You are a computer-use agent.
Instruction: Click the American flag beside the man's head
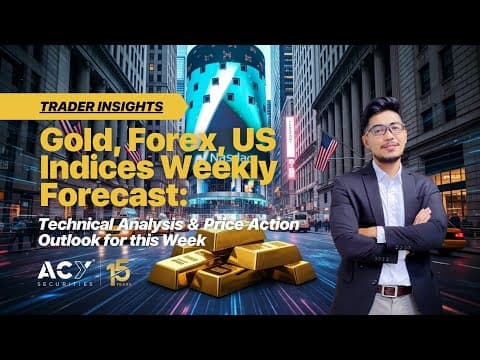point(325,150)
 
